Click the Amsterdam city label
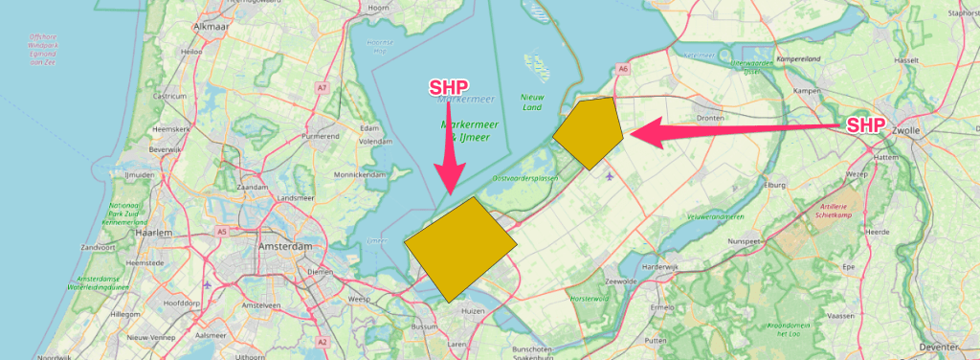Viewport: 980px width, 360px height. coord(285,247)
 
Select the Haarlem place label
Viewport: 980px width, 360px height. coord(154,233)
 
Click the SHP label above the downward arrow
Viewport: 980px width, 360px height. coord(449,88)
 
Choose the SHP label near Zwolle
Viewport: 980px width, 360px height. coord(865,125)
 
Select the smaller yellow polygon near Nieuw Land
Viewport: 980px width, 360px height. coord(587,132)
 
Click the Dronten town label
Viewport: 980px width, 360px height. coord(709,119)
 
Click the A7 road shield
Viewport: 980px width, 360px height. coord(323,88)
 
